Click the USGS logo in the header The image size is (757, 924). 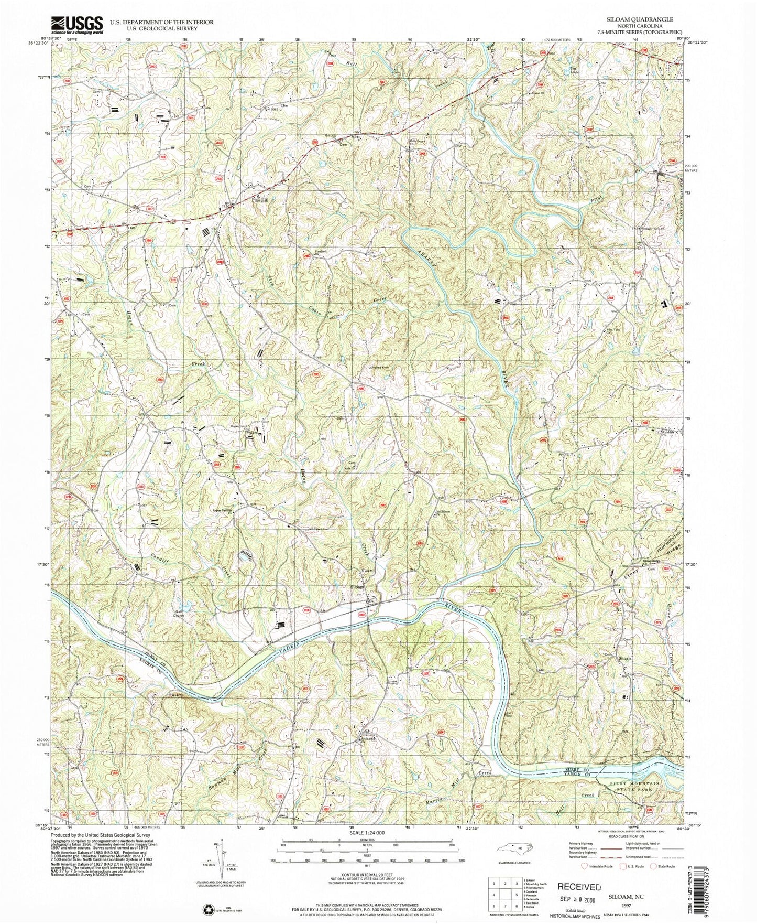pos(76,25)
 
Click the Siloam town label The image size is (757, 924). pos(357,587)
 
